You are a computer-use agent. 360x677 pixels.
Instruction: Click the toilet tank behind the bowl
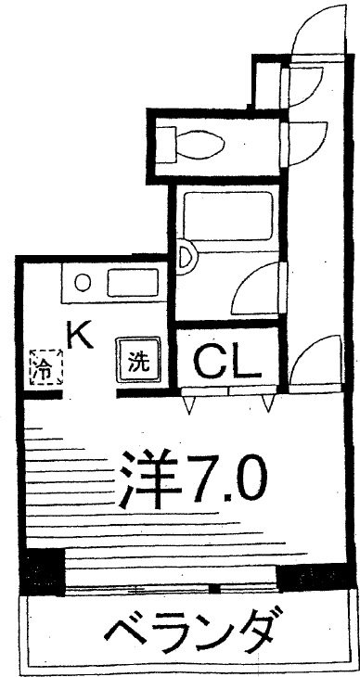tap(167, 144)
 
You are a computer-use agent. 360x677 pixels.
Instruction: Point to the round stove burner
tap(83, 283)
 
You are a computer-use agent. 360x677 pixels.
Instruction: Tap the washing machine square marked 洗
tap(138, 362)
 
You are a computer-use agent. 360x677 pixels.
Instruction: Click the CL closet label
tap(225, 364)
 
